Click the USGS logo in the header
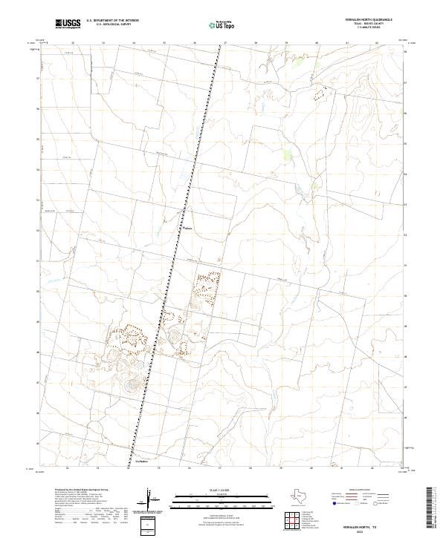(x=69, y=24)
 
